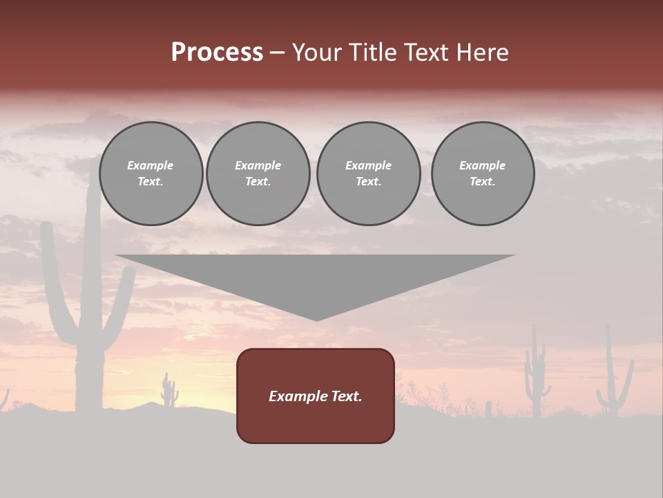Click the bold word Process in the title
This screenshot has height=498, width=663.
click(217, 53)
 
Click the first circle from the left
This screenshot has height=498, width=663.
click(151, 174)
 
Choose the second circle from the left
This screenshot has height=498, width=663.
click(258, 174)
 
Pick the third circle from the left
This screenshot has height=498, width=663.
click(369, 174)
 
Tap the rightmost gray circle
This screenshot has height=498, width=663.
click(483, 174)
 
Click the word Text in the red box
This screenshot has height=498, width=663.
click(345, 396)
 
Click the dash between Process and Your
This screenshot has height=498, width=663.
click(278, 53)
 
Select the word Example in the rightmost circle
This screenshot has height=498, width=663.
click(483, 165)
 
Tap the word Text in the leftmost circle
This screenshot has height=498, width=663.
click(150, 182)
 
